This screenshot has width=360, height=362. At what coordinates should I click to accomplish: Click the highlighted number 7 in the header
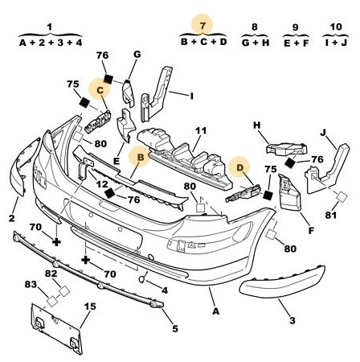(202, 26)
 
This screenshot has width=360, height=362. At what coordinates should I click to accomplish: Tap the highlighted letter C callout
(100, 90)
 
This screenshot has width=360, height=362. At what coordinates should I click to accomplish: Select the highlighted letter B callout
(141, 158)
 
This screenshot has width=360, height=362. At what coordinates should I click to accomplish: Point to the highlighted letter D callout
(239, 167)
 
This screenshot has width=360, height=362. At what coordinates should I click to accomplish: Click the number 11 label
(201, 131)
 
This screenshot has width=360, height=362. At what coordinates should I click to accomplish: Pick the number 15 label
(90, 306)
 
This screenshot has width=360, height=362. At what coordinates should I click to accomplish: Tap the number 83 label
(31, 285)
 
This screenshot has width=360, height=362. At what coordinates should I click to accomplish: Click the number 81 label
(331, 215)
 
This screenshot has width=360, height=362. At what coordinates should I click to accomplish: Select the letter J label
(324, 133)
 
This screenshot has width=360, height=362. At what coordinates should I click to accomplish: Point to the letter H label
(257, 125)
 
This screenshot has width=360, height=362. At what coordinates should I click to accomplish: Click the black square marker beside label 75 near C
(85, 103)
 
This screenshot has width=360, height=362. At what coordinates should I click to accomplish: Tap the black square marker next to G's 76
(108, 79)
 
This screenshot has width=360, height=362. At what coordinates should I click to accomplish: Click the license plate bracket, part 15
(55, 328)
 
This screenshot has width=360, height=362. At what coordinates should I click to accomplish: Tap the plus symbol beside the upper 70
(56, 242)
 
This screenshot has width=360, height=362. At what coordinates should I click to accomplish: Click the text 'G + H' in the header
(256, 43)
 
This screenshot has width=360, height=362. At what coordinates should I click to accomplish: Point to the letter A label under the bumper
(215, 311)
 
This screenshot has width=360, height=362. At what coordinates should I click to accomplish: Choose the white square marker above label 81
(342, 197)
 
